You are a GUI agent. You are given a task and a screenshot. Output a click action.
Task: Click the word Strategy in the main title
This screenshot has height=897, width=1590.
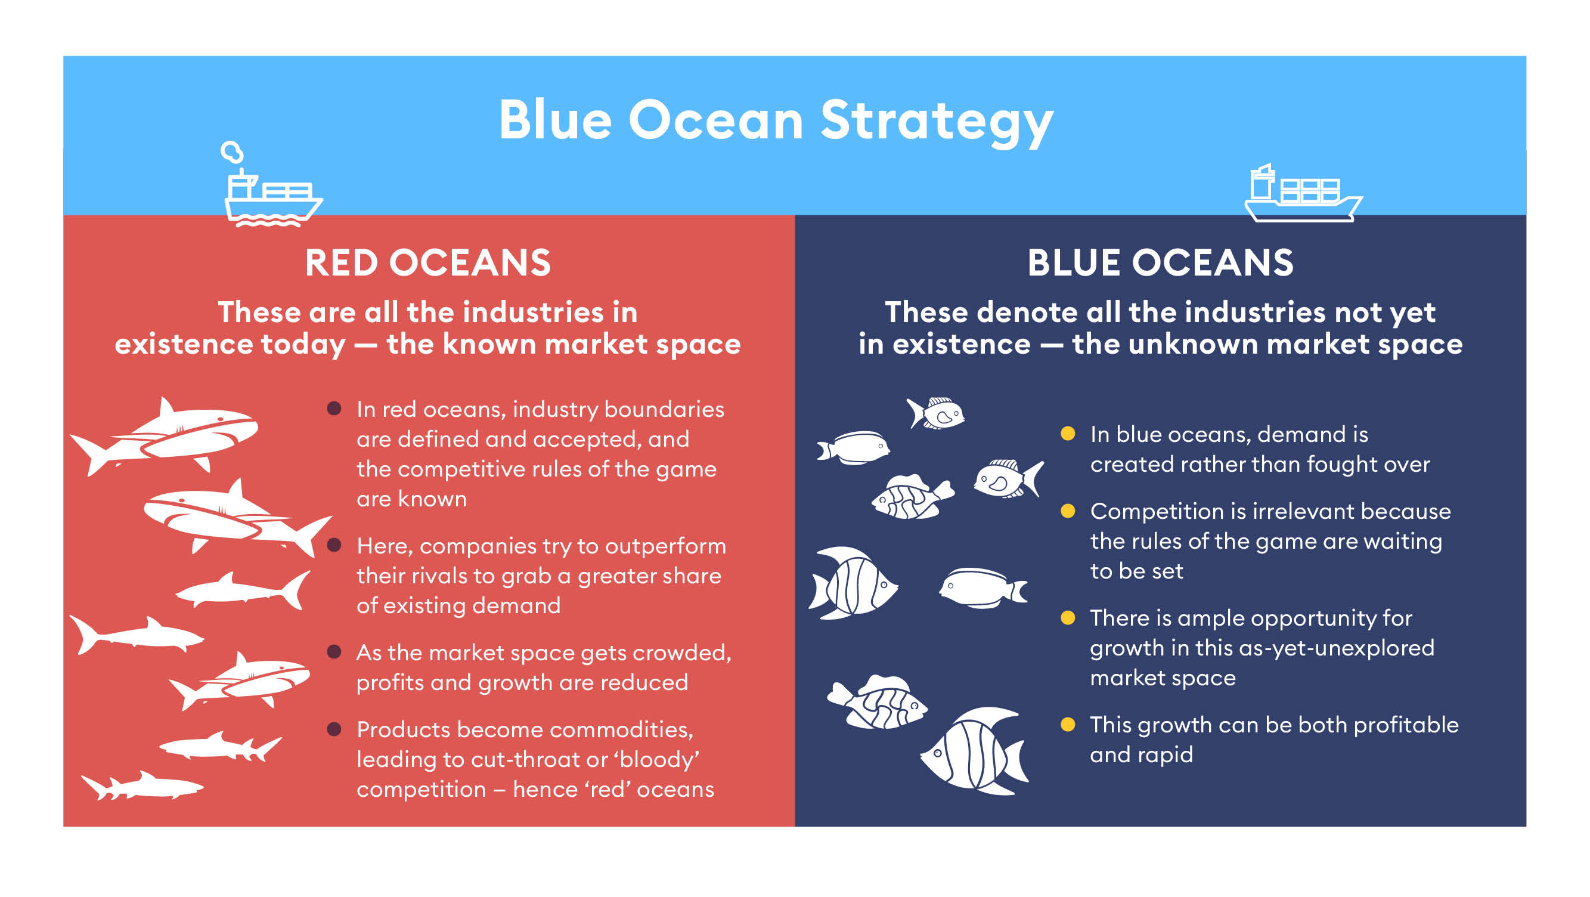[x=937, y=122]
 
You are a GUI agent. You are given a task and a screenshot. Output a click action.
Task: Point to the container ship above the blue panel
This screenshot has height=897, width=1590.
[x=1303, y=193]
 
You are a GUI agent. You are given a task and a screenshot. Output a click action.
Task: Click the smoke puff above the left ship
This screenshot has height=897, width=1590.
[x=232, y=151]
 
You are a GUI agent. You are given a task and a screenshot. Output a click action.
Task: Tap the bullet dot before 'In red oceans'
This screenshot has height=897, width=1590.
[x=334, y=409]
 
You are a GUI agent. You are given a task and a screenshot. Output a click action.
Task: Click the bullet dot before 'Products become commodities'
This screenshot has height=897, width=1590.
[x=334, y=729]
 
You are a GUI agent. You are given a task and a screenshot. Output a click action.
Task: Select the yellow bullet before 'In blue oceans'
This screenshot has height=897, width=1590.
[x=1068, y=434]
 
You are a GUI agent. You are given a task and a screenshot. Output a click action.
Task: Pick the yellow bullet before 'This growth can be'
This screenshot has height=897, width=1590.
[x=1068, y=724]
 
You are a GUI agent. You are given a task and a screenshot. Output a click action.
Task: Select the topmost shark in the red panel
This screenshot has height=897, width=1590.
[x=163, y=437]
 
